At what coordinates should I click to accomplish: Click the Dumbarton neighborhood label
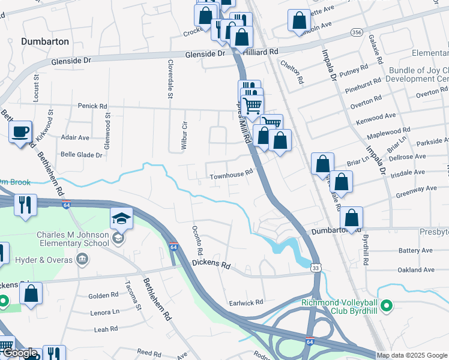click(x=45, y=42)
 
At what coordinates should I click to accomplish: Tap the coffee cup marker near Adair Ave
click(x=20, y=131)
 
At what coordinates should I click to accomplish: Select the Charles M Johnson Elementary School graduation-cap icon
click(x=121, y=219)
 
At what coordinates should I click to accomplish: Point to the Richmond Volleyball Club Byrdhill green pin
click(x=387, y=306)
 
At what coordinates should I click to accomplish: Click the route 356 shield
click(x=357, y=32)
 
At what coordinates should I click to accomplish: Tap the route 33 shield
click(x=316, y=268)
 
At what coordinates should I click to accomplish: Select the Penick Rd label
click(x=91, y=106)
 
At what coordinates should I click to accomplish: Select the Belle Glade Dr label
click(x=82, y=155)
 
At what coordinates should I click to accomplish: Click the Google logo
click(x=20, y=353)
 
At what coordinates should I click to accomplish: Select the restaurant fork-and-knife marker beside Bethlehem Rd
click(x=26, y=204)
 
